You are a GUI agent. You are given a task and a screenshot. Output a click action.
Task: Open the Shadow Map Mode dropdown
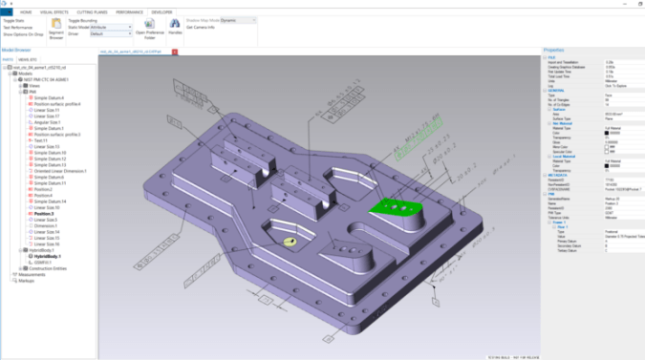point(239,19)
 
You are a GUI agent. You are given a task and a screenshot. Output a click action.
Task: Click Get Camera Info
point(204,27)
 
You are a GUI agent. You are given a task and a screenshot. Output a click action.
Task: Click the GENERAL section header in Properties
point(556,90)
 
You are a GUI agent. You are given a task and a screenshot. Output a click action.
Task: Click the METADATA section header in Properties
point(558,175)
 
